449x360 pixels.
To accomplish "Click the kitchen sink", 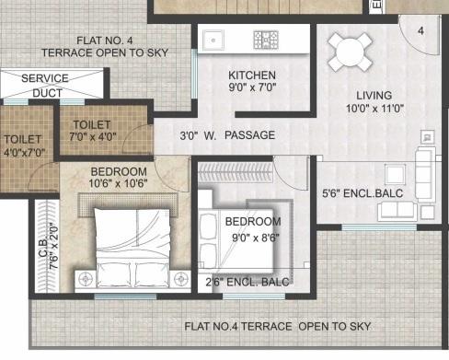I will [x=213, y=41].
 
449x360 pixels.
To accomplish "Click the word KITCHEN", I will [x=251, y=75].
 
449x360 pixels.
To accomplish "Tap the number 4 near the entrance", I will [x=420, y=30].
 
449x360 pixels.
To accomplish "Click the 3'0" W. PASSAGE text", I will [x=227, y=135].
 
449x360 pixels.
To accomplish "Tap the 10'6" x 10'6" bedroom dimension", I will [x=118, y=184].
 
